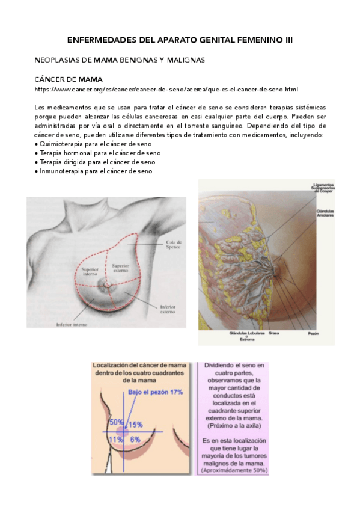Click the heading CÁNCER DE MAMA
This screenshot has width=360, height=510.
(x=68, y=79)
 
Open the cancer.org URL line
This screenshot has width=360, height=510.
(x=166, y=90)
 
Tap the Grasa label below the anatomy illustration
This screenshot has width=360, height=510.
(x=275, y=333)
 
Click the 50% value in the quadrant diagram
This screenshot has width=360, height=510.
(x=116, y=423)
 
